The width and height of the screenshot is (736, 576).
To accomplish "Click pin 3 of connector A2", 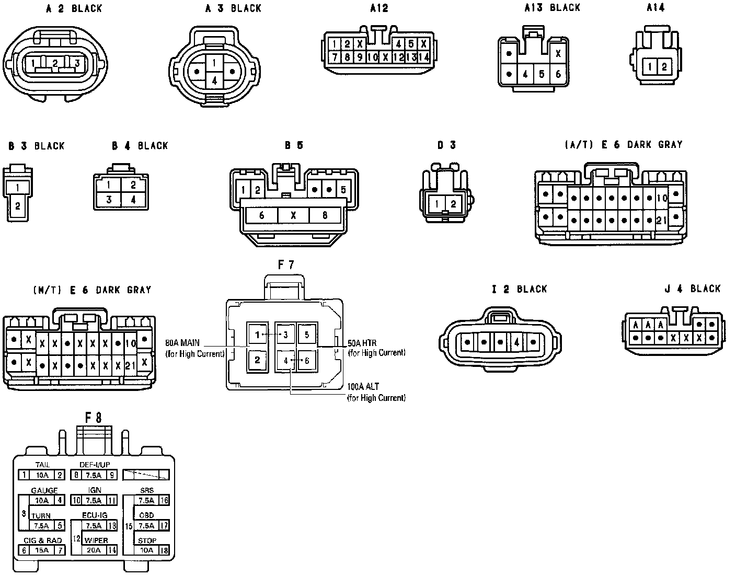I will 77,64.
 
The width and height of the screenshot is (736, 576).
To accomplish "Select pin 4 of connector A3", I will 214,80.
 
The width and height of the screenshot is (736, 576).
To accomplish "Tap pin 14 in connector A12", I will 424,57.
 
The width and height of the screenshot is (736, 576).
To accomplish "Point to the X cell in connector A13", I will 558,53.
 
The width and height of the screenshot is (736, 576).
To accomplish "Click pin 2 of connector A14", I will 664,67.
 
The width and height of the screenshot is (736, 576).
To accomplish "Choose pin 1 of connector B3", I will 18,187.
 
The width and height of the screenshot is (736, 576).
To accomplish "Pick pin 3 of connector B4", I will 109,199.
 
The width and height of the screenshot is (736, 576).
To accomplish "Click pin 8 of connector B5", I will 325,215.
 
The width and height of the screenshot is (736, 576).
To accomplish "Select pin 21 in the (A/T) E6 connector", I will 661,221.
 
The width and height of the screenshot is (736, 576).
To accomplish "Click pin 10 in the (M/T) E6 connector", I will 131,343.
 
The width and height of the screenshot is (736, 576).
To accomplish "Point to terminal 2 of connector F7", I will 257,360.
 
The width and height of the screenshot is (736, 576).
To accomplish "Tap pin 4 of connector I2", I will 516,343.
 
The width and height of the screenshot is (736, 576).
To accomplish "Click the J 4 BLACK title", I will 692,289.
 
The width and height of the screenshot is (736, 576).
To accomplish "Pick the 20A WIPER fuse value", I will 94,550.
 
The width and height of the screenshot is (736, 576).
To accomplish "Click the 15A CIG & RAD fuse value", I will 42,550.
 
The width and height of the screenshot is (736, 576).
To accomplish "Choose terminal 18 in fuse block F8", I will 164,550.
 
